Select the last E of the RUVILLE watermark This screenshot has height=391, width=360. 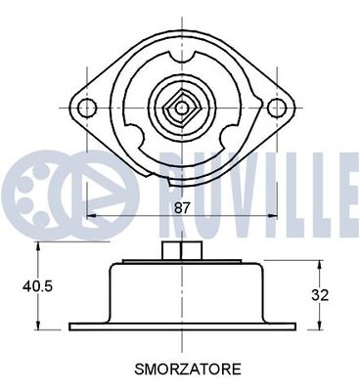[344, 186]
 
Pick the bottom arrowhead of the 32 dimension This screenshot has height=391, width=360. [321, 326]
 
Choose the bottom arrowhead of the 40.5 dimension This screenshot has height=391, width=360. [38, 326]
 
